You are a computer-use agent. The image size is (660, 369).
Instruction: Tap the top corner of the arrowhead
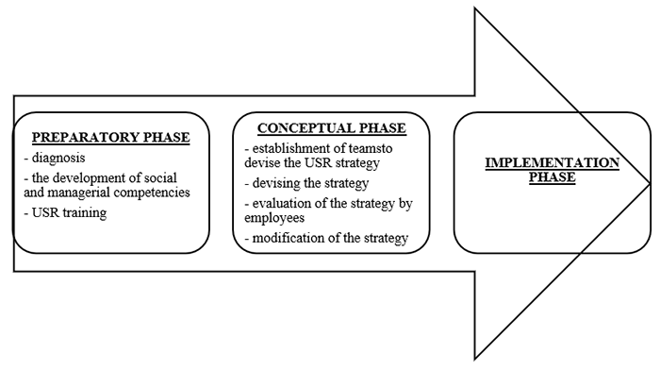pyautogui.click(x=472, y=6)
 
